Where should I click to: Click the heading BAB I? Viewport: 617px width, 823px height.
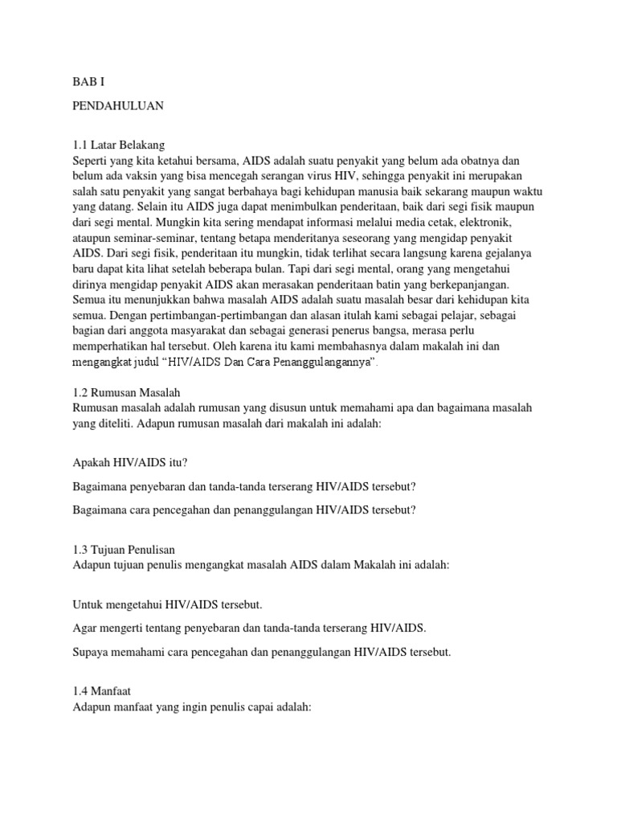[88, 82]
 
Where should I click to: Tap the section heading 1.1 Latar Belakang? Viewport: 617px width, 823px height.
[118, 145]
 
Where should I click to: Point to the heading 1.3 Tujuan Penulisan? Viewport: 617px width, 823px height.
[124, 551]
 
